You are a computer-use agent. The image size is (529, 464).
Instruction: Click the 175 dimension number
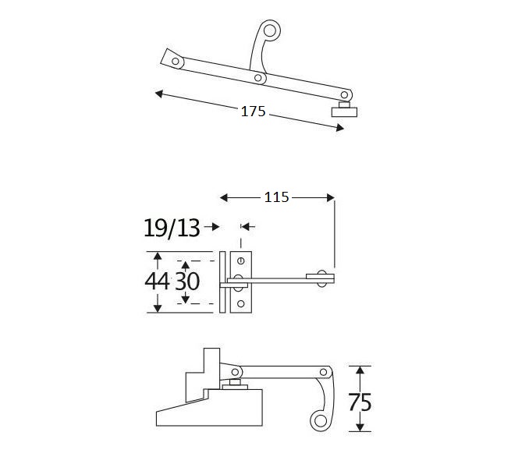(253, 112)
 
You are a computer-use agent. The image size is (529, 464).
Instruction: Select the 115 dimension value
(276, 197)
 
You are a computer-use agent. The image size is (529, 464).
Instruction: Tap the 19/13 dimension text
(171, 228)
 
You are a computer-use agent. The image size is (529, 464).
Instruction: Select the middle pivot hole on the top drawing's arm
(257, 78)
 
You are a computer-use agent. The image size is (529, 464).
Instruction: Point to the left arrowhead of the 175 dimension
(159, 94)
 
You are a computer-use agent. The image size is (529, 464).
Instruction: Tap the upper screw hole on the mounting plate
(241, 260)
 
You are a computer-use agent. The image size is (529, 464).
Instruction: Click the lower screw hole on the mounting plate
(241, 304)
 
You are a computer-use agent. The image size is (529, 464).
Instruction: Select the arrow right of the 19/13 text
(212, 228)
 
